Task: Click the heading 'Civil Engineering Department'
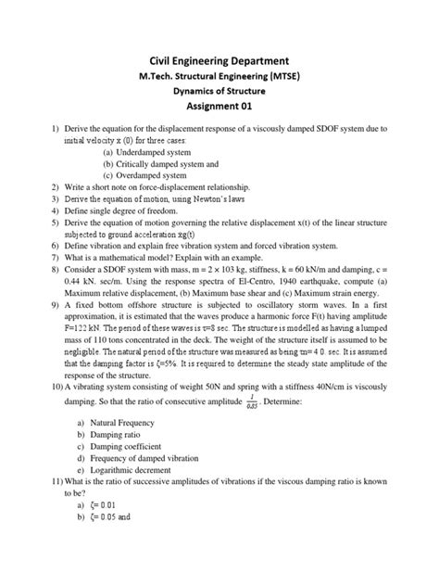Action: (219, 60)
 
